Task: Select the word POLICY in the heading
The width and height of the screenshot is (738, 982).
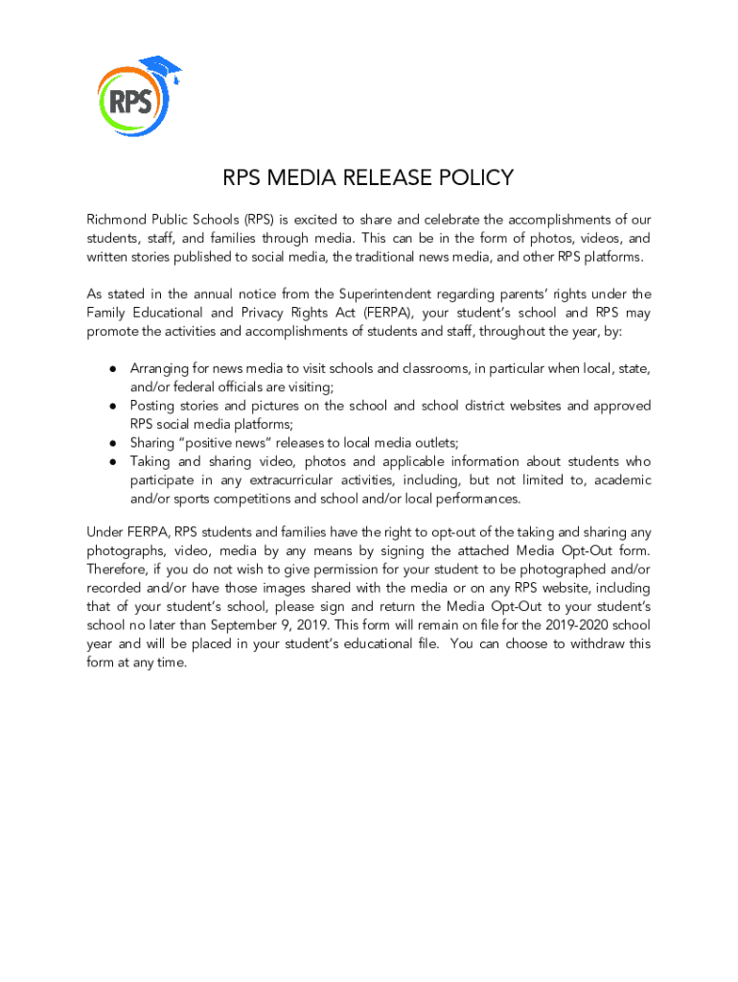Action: (x=471, y=178)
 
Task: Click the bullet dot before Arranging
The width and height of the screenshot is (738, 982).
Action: (x=112, y=369)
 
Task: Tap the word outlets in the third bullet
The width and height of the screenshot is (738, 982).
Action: (x=433, y=443)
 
